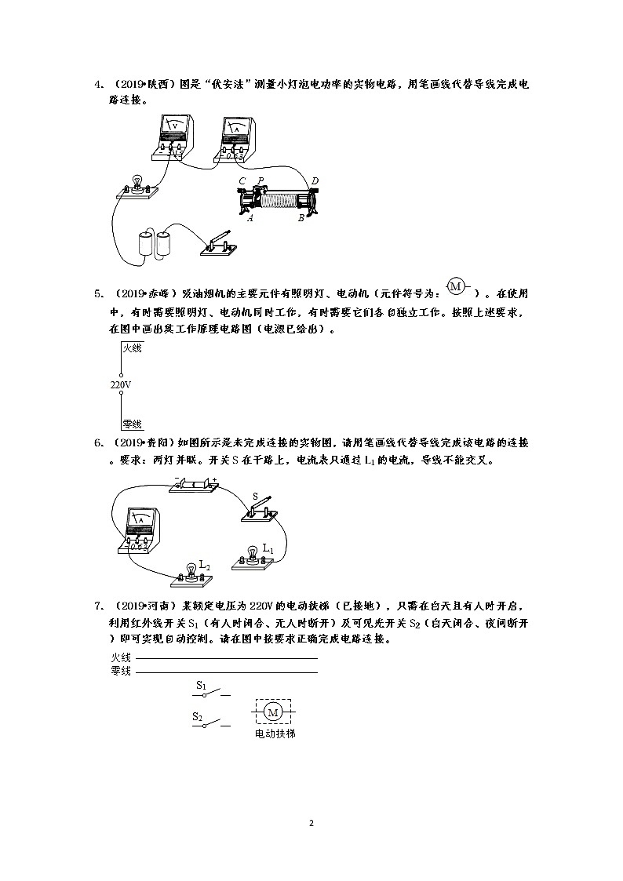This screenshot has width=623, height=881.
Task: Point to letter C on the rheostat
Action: (x=242, y=181)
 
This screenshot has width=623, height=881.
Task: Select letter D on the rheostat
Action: (x=315, y=181)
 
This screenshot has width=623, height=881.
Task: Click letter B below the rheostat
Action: (x=301, y=218)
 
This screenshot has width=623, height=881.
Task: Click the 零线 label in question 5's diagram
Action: (x=132, y=424)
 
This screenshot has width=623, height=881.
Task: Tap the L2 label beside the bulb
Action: (x=204, y=564)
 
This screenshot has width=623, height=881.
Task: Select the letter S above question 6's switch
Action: (x=255, y=496)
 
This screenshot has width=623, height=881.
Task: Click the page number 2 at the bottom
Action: (x=311, y=823)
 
